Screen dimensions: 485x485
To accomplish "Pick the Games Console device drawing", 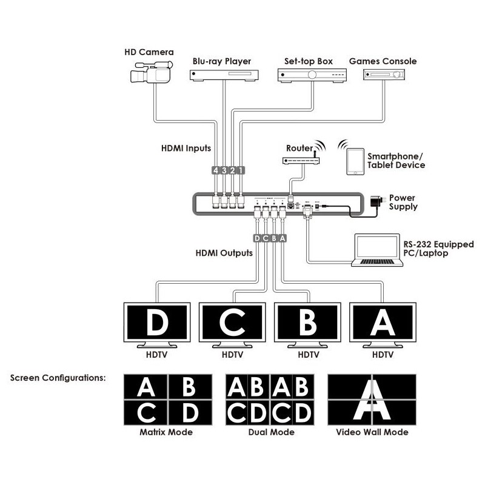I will tap(384, 75).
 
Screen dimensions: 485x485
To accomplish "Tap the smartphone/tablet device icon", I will tap(356, 162).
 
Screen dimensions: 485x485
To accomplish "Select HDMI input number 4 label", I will tap(215, 170).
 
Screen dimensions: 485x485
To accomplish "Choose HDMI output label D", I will tap(257, 238).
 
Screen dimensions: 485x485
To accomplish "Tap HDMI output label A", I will tap(283, 238).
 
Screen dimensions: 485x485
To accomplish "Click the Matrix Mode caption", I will tap(166, 432).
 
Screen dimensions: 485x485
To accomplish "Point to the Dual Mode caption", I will tap(271, 432).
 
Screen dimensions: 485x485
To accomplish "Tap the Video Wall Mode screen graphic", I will tap(372, 400).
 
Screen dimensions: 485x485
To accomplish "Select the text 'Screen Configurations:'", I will tap(58, 378).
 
